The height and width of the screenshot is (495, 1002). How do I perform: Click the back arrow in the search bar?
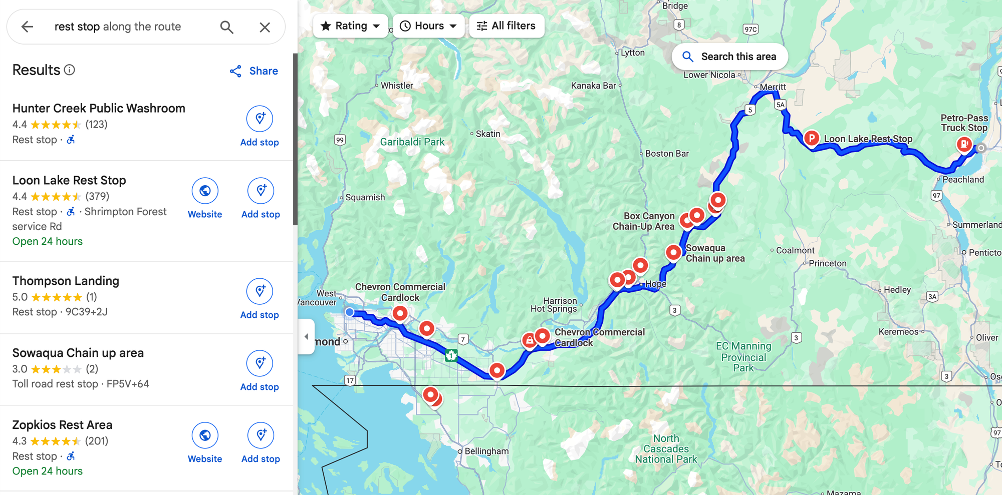[27, 27]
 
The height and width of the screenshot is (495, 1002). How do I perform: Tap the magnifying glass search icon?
[227, 27]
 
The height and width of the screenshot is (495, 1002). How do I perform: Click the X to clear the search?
[265, 27]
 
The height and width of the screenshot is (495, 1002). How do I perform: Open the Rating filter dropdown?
[351, 26]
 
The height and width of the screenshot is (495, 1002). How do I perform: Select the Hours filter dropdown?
[429, 26]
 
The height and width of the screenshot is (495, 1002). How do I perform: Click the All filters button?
[506, 26]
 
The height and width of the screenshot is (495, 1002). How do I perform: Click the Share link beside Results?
[254, 71]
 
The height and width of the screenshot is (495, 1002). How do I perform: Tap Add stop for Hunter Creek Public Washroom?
[260, 126]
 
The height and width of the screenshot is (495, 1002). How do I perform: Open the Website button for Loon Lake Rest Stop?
[205, 198]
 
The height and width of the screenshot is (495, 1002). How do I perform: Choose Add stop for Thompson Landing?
[260, 299]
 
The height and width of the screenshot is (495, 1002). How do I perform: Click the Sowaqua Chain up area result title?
[78, 353]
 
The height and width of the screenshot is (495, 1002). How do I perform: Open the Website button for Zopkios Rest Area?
[205, 443]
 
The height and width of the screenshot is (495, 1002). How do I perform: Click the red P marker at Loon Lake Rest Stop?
[812, 138]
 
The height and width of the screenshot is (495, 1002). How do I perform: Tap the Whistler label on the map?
[396, 86]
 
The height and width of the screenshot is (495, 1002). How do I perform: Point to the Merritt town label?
[773, 87]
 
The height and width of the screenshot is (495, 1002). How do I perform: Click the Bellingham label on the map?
[486, 451]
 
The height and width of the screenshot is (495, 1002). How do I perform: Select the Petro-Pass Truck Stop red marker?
[964, 144]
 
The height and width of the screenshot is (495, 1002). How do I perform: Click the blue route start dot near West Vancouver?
[350, 312]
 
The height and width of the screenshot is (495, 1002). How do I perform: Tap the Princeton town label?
[827, 263]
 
